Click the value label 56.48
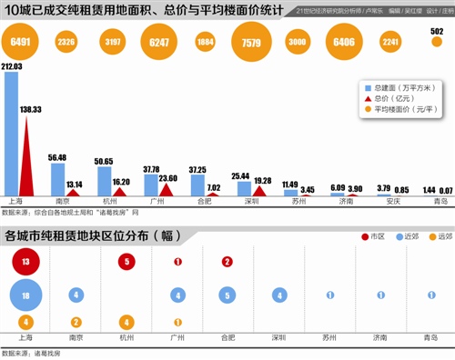[x=56, y=157]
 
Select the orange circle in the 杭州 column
[x=127, y=322]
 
